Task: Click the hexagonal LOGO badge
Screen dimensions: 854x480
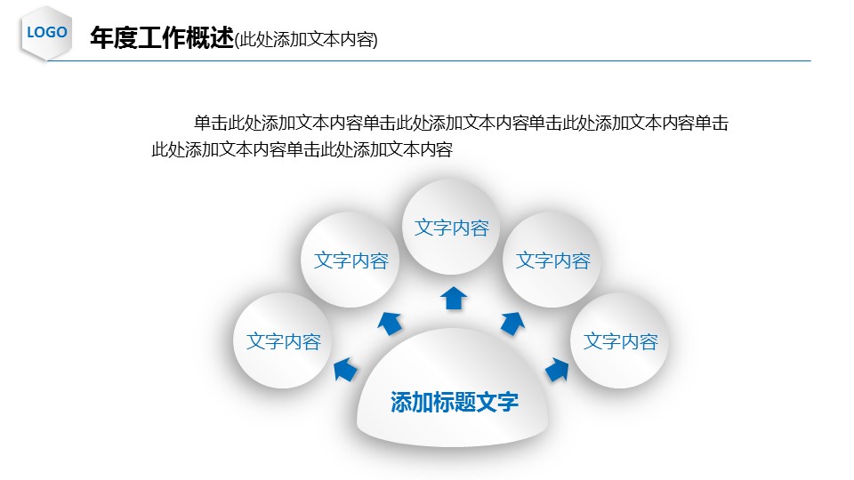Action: click(46, 33)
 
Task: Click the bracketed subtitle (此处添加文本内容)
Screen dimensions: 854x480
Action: click(306, 39)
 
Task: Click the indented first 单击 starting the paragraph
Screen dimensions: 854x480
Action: click(211, 123)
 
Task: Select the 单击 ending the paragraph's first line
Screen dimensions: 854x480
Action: click(712, 123)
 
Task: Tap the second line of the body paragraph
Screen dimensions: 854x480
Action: click(302, 149)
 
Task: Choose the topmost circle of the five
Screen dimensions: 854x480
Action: click(451, 227)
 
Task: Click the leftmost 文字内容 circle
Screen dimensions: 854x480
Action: click(283, 340)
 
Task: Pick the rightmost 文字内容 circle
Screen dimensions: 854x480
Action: click(620, 340)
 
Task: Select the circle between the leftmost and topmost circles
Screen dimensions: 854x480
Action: click(350, 260)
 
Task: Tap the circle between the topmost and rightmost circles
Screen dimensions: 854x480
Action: click(552, 260)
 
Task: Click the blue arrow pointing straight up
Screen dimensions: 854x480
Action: click(454, 299)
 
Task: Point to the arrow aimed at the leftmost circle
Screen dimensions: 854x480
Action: click(345, 369)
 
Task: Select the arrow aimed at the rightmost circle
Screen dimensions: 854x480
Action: click(557, 369)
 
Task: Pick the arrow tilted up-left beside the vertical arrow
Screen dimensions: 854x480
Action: click(390, 324)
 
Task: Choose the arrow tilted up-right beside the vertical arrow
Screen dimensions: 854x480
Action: click(512, 324)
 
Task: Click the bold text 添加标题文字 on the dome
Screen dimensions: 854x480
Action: click(455, 402)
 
